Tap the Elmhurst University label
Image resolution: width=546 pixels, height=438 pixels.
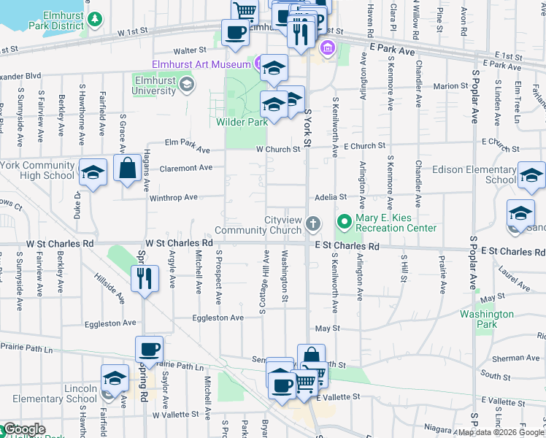(x=154, y=85)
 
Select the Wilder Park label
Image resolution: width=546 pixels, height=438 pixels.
(x=242, y=122)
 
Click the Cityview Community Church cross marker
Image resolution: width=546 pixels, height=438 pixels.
(x=313, y=223)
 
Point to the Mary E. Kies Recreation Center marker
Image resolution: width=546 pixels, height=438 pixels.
(x=343, y=220)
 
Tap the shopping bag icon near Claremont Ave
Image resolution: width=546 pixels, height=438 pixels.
(x=127, y=169)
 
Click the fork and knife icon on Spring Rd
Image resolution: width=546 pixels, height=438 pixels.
(x=144, y=278)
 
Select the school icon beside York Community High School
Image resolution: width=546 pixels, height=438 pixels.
(x=93, y=173)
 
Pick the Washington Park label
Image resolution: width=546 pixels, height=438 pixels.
(x=487, y=319)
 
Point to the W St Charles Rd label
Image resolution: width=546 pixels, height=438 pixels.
(x=179, y=242)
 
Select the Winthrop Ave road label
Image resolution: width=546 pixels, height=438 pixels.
(x=174, y=197)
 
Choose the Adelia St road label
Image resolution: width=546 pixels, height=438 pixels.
(x=331, y=197)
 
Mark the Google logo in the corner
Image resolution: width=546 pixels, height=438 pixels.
(x=23, y=429)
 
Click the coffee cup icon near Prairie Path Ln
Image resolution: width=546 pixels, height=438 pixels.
(x=149, y=350)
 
